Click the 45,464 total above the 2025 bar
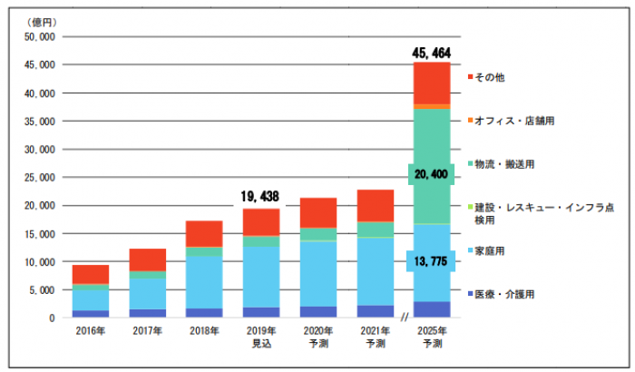[432, 53]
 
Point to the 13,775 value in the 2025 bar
[432, 261]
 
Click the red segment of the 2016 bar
[91, 274]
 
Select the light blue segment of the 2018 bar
[203, 282]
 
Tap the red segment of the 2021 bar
[375, 206]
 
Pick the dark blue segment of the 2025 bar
[432, 309]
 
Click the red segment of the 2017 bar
[147, 259]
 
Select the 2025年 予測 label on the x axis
[432, 338]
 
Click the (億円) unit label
[42, 20]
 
